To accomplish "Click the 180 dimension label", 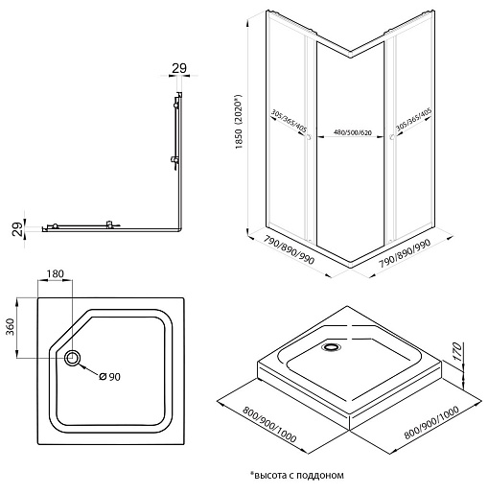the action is click(56, 273).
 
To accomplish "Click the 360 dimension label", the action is click(11, 326).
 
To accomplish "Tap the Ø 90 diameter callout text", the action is click(110, 377).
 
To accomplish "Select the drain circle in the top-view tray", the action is click(73, 358).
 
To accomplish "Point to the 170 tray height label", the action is click(457, 352).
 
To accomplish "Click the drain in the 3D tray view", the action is click(332, 347).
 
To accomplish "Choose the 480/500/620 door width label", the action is click(353, 132).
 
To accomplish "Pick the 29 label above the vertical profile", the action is click(179, 68).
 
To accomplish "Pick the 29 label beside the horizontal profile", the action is click(18, 229).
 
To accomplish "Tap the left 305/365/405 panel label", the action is click(289, 121).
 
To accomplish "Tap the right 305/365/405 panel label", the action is click(413, 119).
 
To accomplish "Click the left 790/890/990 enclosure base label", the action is click(289, 250).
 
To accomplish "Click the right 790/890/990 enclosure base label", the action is click(405, 253).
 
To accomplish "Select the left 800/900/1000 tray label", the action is click(269, 424).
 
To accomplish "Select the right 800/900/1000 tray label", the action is click(431, 422).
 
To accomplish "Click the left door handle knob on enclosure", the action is click(309, 137).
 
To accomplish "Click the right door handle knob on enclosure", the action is click(392, 137).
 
